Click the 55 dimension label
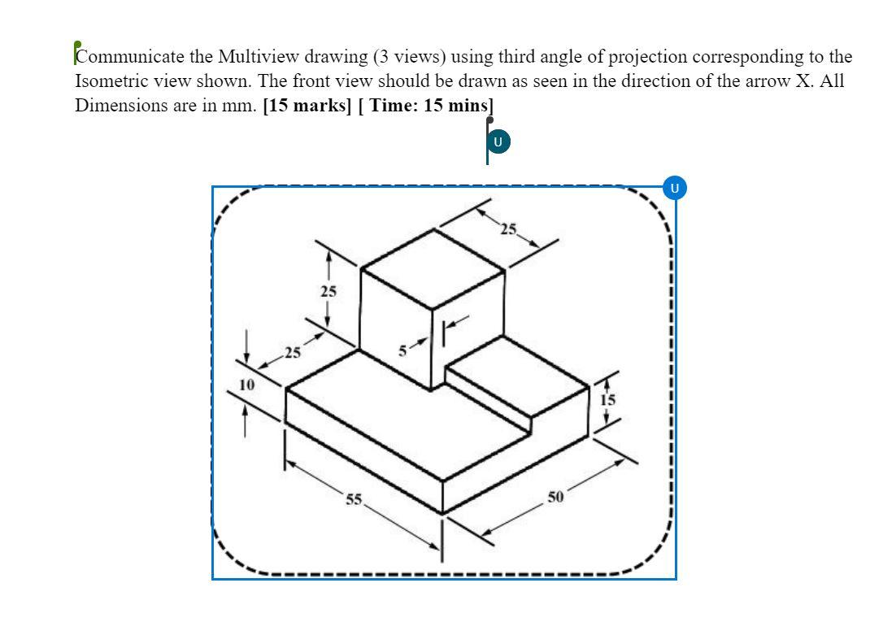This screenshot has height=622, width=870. [x=354, y=499]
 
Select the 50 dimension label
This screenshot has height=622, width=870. [x=555, y=498]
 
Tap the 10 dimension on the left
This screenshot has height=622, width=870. [x=246, y=384]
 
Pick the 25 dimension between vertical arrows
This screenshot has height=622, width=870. [x=328, y=290]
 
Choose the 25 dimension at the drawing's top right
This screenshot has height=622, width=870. [x=509, y=229]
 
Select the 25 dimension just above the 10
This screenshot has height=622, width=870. [x=291, y=353]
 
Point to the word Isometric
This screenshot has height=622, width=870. [x=110, y=81]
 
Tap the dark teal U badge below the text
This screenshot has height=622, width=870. [x=498, y=142]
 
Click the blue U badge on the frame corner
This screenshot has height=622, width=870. [x=674, y=188]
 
